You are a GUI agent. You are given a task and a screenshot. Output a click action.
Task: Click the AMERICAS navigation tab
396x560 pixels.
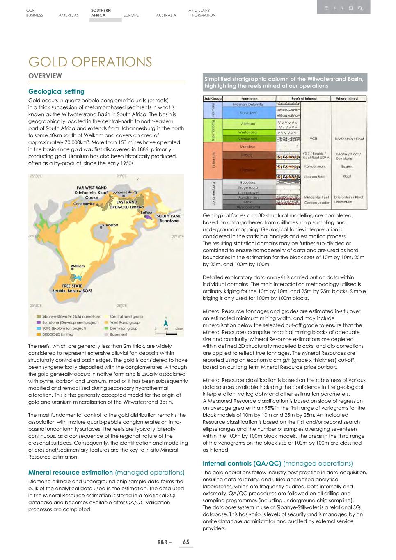pos(69,15)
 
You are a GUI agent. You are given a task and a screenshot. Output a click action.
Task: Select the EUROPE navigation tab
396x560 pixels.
pos(131,15)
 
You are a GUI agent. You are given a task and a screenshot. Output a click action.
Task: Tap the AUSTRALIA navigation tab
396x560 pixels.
pos(166,15)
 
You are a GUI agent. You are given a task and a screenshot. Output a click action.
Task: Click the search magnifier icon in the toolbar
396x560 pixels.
pos(360,8)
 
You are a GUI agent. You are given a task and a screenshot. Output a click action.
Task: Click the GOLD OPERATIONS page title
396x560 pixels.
pos(90,62)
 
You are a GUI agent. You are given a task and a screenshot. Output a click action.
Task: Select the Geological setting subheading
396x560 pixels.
pos(56,91)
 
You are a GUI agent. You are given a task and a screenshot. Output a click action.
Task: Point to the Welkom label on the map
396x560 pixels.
pos(78,266)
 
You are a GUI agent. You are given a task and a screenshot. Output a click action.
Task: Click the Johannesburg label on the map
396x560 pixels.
pos(124,192)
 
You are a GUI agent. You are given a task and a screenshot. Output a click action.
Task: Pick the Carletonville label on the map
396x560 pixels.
pos(84,203)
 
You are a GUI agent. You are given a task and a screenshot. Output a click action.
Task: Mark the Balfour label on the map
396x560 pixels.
pos(146,213)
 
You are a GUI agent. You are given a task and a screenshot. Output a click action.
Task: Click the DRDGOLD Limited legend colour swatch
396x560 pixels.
pos(39,334)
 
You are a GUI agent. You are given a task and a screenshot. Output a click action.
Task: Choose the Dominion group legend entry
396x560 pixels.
pos(124,328)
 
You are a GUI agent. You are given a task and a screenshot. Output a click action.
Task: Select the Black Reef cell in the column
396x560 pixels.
pos(248,113)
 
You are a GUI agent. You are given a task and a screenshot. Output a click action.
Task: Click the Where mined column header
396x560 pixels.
pos(347,98)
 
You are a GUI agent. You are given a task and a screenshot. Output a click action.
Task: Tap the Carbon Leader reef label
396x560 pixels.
pos(316,203)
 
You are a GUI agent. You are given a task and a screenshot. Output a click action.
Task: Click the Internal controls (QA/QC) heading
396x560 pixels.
pos(242,464)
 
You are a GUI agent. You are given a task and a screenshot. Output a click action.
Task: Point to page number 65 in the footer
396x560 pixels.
pos(186,542)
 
